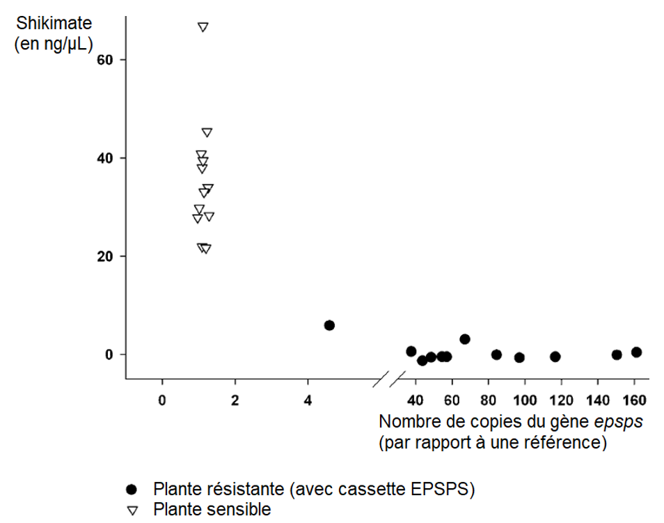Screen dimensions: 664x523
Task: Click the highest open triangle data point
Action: click(x=203, y=27)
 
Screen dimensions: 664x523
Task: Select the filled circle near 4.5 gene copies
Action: click(x=329, y=325)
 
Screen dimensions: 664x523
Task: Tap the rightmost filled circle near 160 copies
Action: click(x=636, y=352)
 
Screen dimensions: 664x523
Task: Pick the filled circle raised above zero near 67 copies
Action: click(x=464, y=339)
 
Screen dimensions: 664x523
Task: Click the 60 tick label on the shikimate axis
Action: click(x=105, y=60)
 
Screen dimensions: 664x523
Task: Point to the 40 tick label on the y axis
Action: click(x=105, y=158)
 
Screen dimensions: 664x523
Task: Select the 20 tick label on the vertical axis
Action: click(x=105, y=256)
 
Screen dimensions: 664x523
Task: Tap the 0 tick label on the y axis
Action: click(x=109, y=354)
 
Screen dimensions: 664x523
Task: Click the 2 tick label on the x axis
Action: click(x=235, y=400)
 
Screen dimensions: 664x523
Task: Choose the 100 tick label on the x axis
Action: click(x=525, y=400)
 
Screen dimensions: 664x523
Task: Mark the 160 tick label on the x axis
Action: click(x=634, y=400)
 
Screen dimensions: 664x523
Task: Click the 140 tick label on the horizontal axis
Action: click(x=598, y=400)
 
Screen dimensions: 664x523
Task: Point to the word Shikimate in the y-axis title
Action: click(x=54, y=23)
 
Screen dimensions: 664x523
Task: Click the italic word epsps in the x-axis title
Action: click(x=618, y=422)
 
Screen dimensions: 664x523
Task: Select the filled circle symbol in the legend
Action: click(x=132, y=490)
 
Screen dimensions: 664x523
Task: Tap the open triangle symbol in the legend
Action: click(x=132, y=510)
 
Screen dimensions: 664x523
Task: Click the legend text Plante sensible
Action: click(x=212, y=510)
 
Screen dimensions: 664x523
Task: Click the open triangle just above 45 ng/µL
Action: click(x=207, y=132)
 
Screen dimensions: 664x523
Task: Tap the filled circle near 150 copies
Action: click(x=617, y=354)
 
